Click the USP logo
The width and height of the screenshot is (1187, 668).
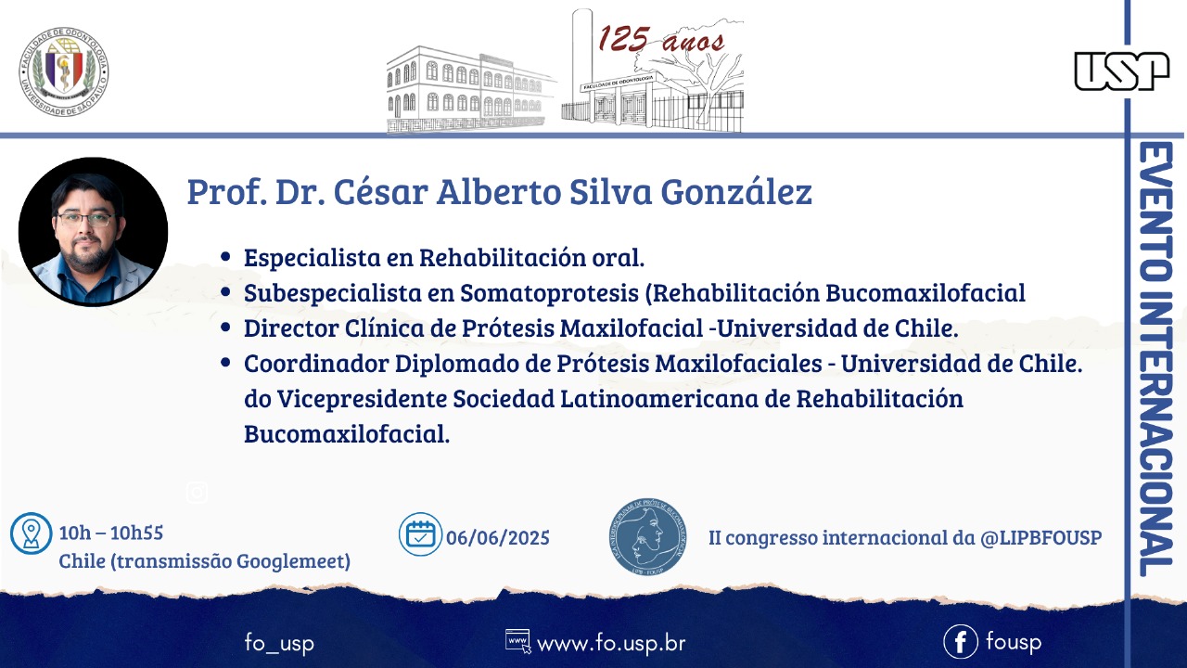(x=1122, y=71)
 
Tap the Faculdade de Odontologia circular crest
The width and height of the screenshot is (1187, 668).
(x=64, y=71)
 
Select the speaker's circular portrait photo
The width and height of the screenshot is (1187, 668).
(x=94, y=232)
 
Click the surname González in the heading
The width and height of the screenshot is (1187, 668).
(x=736, y=191)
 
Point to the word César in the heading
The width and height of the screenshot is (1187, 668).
(x=380, y=191)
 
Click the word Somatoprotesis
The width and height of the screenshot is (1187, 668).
(x=549, y=293)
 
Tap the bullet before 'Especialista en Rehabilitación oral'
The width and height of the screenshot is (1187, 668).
(x=225, y=257)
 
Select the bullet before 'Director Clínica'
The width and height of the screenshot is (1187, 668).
(x=225, y=328)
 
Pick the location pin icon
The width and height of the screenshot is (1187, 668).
(x=32, y=533)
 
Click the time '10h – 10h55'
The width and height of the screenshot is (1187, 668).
(x=110, y=533)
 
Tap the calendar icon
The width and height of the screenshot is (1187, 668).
(x=420, y=533)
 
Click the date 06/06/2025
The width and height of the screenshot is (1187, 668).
(x=498, y=537)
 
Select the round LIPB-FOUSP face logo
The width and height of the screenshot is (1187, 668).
(x=647, y=536)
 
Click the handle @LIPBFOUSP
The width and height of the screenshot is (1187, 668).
(x=1040, y=537)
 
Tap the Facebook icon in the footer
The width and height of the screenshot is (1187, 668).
(x=960, y=641)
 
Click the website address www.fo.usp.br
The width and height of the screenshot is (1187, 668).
(x=611, y=644)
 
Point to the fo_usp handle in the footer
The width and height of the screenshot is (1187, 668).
(x=279, y=643)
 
